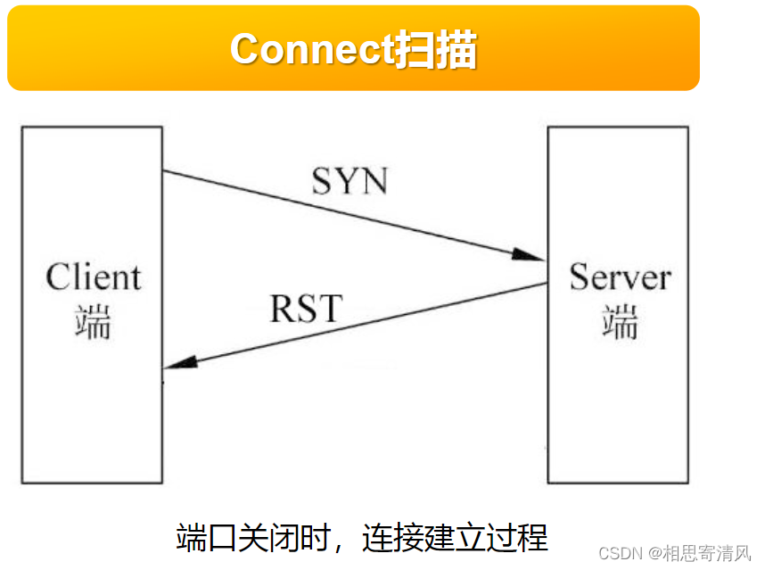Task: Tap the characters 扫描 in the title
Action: point(435,49)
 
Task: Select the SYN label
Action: point(350,181)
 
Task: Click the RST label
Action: point(306,309)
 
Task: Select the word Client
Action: point(93,277)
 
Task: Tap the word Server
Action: point(620,277)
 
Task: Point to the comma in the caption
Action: point(346,544)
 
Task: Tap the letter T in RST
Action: point(330,309)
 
